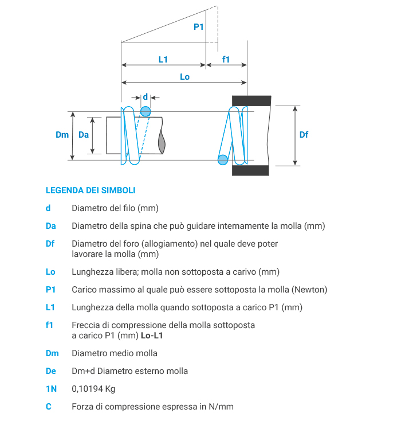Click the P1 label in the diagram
tap(199, 27)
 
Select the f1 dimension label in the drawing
tap(226, 60)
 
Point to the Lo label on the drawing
tap(184, 77)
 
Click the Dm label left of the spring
tap(62, 135)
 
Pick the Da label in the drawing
tap(84, 135)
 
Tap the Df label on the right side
tap(304, 135)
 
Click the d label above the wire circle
tap(145, 97)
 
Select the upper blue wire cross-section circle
tap(146, 111)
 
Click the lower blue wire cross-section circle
tap(223, 159)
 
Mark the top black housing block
tap(251, 100)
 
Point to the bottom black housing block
tap(251, 170)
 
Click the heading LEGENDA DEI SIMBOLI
tap(91, 190)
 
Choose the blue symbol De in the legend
tap(51, 371)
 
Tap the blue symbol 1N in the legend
tap(51, 389)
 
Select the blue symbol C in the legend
tap(49, 407)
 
